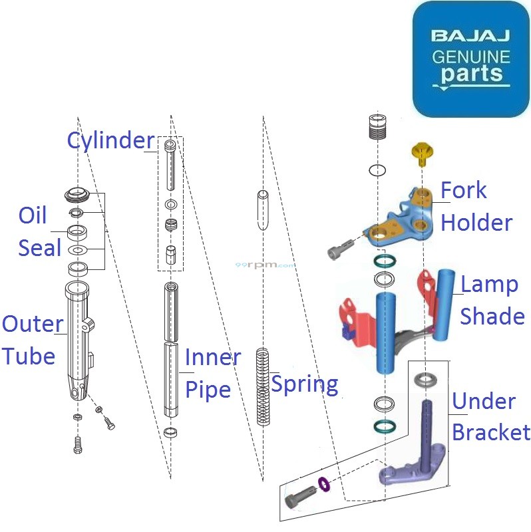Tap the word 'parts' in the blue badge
tap(471, 73)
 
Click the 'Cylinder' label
tap(110, 140)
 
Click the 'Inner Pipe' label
tap(212, 373)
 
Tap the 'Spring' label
tap(305, 384)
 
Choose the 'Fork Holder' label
tap(476, 206)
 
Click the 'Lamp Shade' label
tap(492, 300)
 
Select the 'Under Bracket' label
tap(490, 417)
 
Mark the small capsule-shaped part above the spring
tap(262, 210)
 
